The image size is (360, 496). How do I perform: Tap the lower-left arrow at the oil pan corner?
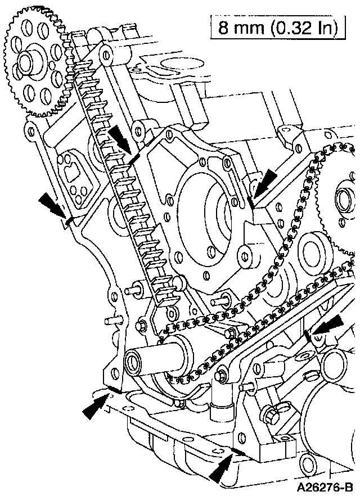pyautogui.click(x=96, y=404)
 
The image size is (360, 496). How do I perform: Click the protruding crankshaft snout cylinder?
pyautogui.click(x=152, y=358)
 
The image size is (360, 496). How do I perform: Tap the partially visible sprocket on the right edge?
pyautogui.click(x=343, y=202)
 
